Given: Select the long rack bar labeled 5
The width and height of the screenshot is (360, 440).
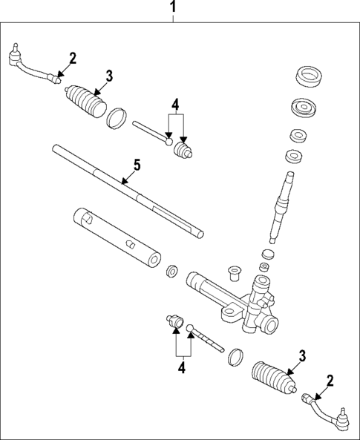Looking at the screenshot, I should [x=126, y=191].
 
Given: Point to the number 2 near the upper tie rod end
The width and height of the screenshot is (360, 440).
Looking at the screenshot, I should [x=72, y=58].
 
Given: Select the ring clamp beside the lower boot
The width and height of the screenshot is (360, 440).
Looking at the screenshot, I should [x=236, y=357].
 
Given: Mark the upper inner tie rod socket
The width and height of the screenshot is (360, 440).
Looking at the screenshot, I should [x=181, y=151].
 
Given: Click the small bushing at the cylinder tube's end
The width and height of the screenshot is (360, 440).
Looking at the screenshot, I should [x=172, y=270].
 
